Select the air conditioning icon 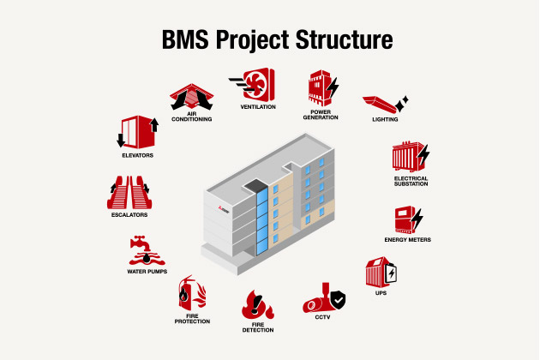(190, 95)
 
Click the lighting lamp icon (384, 107)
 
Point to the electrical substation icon (410, 157)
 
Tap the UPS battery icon (380, 273)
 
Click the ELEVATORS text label (137, 157)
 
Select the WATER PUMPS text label (147, 272)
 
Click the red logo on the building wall (221, 208)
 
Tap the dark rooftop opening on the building (256, 185)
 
